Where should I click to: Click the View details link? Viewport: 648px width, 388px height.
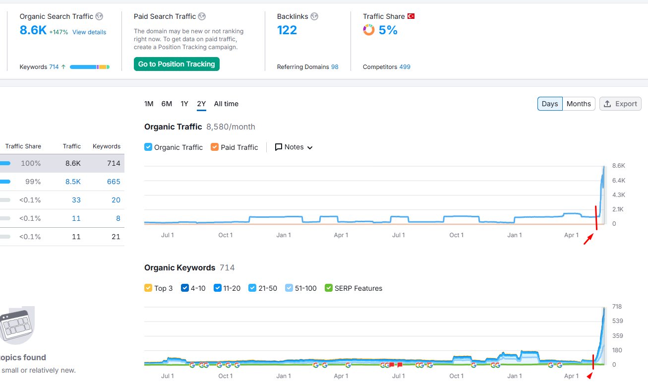(x=89, y=32)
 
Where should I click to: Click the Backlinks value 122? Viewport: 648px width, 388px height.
(x=287, y=30)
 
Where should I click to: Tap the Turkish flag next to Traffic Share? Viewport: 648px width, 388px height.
(x=411, y=16)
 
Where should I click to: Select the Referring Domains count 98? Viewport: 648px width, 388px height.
(x=335, y=67)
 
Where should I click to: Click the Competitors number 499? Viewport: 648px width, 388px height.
(x=405, y=67)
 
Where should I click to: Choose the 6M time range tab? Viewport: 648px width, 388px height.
(x=167, y=104)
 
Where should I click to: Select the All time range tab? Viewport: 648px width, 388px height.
(x=226, y=104)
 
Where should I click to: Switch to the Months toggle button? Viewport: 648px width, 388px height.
(x=579, y=104)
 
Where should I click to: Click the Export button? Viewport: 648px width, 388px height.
(x=620, y=104)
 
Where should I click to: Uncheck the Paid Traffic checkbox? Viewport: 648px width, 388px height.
(x=215, y=147)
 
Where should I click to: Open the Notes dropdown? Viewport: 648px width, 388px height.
(x=294, y=147)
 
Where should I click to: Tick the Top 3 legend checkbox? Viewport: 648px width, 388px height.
(x=148, y=288)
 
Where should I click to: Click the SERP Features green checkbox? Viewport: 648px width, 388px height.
(x=328, y=288)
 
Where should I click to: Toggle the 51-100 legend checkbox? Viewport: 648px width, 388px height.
(x=289, y=288)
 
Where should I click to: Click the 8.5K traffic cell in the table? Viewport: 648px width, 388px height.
(x=73, y=182)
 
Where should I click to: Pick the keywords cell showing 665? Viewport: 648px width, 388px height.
(x=114, y=182)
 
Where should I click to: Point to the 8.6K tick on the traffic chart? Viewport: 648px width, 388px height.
(x=618, y=166)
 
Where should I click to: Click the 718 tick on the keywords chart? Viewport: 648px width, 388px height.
(x=617, y=306)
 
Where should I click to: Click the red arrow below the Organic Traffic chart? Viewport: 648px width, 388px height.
(x=589, y=239)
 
